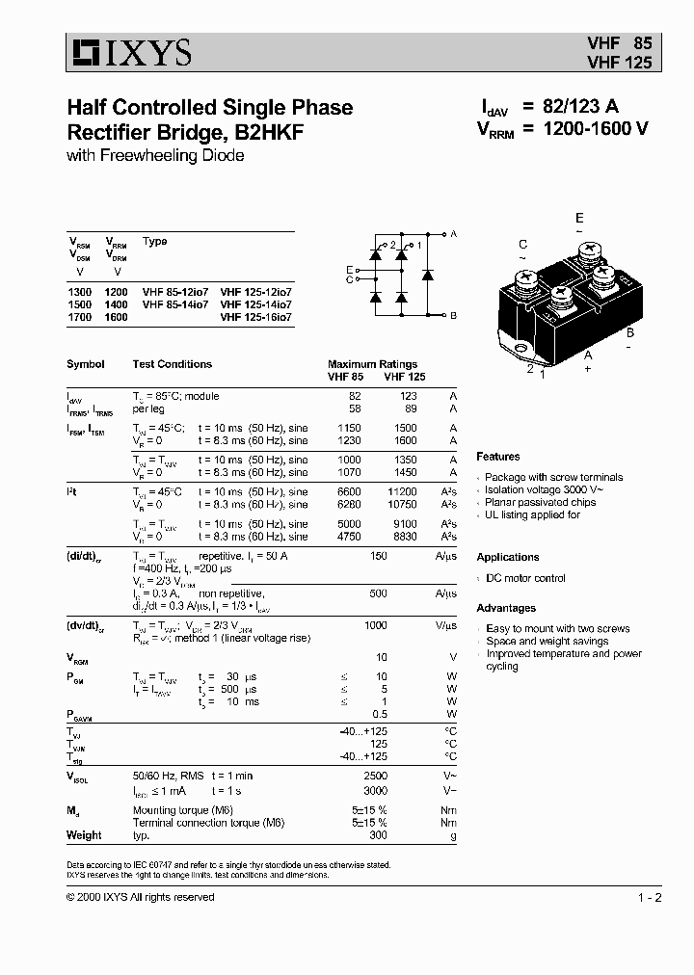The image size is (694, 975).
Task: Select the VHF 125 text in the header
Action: coord(620,63)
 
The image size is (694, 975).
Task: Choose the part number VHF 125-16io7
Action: coord(255,316)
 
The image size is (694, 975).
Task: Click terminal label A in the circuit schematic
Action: coord(454,234)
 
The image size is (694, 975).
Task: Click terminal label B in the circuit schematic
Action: coord(454,316)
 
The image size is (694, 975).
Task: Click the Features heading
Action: coord(497,457)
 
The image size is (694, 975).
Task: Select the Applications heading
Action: coord(508,557)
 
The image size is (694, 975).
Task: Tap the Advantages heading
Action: coord(506,608)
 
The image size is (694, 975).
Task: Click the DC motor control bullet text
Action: coord(525,578)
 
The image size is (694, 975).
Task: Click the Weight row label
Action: coord(84,835)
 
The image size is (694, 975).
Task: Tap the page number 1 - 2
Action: coord(650,898)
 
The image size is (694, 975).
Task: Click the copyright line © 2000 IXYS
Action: coord(141,897)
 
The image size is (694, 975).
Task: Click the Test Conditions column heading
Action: coord(172,364)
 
